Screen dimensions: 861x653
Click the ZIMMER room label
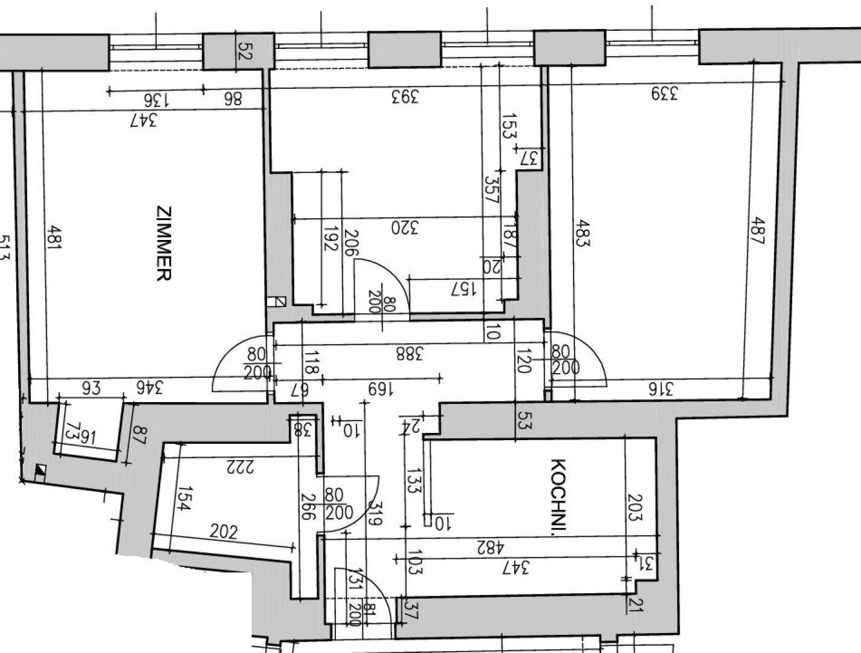164,244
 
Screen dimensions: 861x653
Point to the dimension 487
757,231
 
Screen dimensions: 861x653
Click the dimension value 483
582,232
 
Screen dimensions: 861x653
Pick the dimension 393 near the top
404,97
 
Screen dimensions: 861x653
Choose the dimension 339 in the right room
665,94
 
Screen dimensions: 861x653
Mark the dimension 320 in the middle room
405,228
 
